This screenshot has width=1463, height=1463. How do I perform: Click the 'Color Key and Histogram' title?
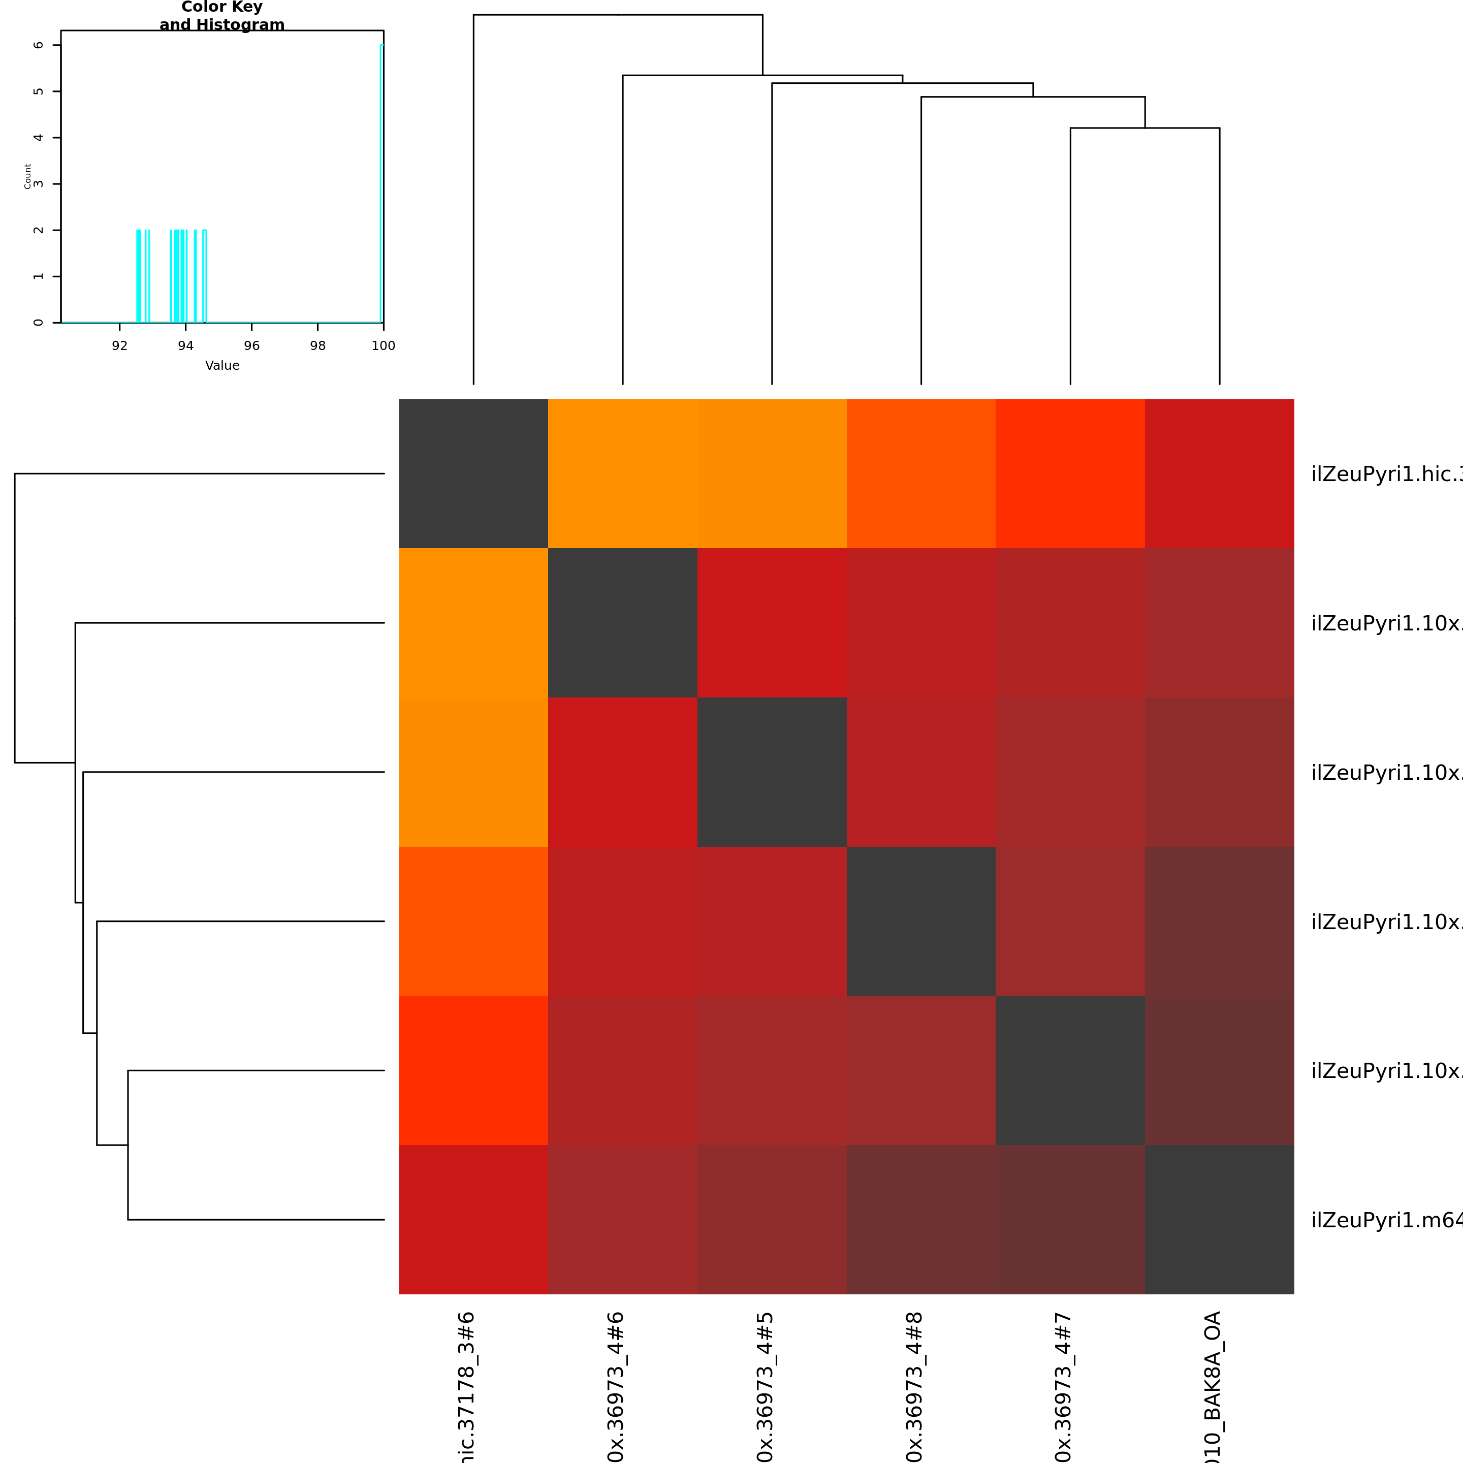coord(222,16)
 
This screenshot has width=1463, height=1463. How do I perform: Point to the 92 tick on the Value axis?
coord(120,345)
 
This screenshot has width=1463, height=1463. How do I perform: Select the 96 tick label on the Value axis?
coord(251,345)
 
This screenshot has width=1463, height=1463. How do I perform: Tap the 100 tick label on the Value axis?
coord(383,345)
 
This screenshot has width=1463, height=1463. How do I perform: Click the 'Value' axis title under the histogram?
coord(222,366)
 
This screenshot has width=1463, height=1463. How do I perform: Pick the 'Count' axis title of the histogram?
coord(28,176)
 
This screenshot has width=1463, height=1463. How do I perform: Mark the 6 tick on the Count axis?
coord(38,45)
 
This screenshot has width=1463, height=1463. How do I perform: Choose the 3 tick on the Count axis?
coord(38,184)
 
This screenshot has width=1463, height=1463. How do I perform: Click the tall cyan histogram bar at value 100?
coord(381,182)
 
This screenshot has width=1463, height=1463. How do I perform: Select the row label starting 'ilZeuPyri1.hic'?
coord(1386,474)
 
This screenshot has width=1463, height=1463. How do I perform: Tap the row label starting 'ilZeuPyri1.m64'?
coord(1386,1220)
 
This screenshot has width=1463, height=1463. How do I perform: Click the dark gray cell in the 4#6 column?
coord(622,622)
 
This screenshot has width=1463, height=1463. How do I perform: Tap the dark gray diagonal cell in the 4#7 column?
coord(1070,1070)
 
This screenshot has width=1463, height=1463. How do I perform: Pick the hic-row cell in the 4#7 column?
coord(1070,473)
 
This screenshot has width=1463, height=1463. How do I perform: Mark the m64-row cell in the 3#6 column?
coord(473,1219)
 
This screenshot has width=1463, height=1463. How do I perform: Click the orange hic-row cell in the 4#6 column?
coord(622,473)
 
